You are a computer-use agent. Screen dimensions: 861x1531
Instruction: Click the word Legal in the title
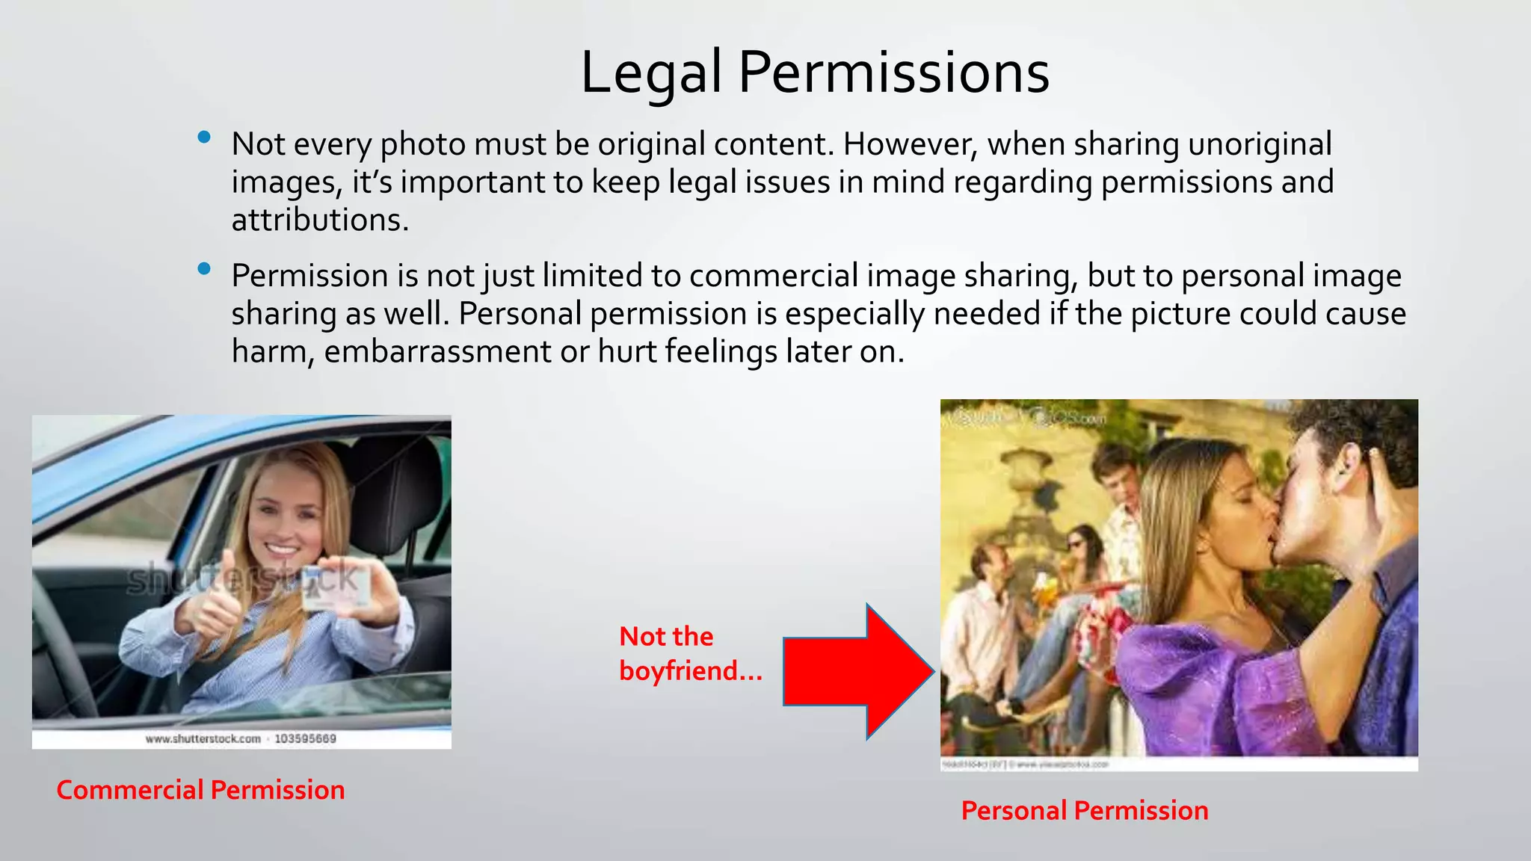(650, 72)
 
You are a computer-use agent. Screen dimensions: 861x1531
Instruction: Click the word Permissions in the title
(894, 72)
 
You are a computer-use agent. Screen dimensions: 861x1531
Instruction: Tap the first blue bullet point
(204, 138)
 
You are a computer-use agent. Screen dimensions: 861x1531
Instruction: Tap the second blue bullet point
(204, 269)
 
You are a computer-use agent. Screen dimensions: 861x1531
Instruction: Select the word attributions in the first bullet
(319, 220)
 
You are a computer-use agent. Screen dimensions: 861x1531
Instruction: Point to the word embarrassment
(437, 351)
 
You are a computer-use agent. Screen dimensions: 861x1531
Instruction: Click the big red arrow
(860, 671)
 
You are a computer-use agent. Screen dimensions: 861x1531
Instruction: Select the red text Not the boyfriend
(689, 654)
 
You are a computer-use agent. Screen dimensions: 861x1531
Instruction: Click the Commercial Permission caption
(200, 790)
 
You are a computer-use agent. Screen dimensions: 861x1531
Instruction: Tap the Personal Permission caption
(1084, 811)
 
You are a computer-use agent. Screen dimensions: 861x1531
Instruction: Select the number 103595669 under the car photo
(305, 739)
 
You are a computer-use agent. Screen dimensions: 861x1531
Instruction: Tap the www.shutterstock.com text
(203, 739)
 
